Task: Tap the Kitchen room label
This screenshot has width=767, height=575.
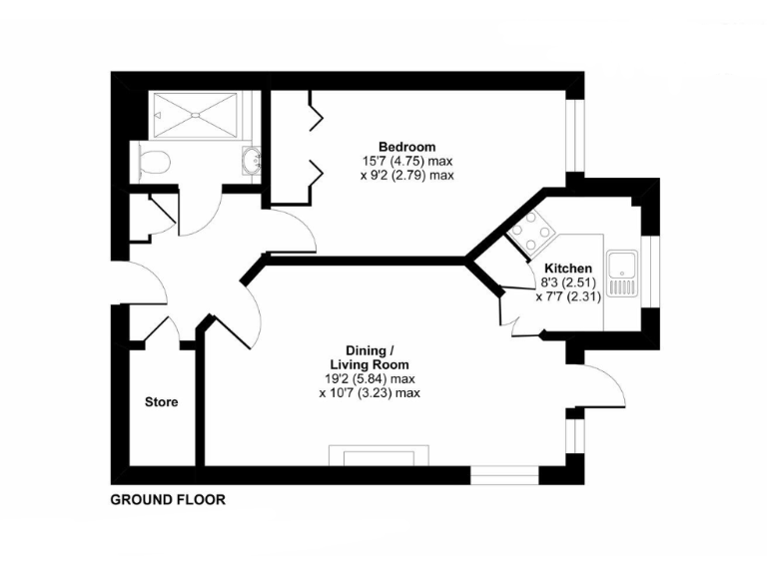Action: point(568,269)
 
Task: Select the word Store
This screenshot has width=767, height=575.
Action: point(161,402)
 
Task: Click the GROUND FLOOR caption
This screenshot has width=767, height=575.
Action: point(168,499)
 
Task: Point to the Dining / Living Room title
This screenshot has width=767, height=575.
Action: point(370,357)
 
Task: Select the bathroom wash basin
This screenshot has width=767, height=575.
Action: point(251,161)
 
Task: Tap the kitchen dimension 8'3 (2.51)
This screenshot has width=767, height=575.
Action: point(568,283)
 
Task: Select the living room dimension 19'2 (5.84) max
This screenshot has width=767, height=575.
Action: point(370,379)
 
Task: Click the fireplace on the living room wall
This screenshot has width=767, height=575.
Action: point(381,457)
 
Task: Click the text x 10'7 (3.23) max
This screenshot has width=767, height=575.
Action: point(370,393)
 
